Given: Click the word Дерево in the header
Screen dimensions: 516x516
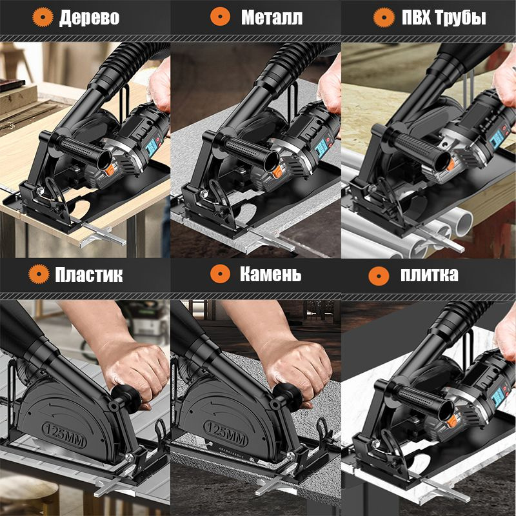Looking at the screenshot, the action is (x=89, y=17).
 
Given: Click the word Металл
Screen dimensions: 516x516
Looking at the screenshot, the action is (x=272, y=17).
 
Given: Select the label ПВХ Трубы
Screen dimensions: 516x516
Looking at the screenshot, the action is (x=444, y=17).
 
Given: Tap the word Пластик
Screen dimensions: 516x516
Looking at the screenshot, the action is (x=89, y=275).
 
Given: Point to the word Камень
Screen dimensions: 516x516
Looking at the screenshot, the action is (x=270, y=273).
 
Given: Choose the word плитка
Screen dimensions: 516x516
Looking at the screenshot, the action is (x=429, y=275).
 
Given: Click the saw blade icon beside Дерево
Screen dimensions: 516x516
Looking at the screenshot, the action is (x=43, y=17).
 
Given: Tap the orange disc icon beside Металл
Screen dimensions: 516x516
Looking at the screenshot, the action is (x=220, y=17).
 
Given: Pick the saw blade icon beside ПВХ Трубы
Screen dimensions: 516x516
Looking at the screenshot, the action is (x=384, y=17).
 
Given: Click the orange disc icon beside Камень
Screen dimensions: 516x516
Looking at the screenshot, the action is (x=220, y=273).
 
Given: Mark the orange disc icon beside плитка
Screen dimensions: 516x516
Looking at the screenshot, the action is (x=379, y=276).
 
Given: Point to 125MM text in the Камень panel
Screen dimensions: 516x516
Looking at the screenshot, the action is (x=226, y=433).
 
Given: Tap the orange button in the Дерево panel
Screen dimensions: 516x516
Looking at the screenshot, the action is (x=110, y=170).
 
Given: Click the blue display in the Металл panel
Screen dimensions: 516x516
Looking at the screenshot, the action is (x=321, y=148).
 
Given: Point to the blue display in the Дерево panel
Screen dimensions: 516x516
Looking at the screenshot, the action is (x=152, y=148).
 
